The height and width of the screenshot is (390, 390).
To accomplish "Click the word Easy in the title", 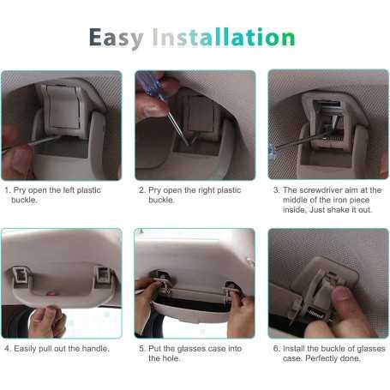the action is coord(117,38).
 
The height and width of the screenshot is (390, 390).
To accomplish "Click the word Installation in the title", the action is coord(224,37).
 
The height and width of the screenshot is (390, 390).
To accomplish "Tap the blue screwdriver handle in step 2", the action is coord(151,85).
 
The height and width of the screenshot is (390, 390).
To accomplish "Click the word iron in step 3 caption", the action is coord(340,200).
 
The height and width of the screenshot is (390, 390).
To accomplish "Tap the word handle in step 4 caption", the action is coord(96,348).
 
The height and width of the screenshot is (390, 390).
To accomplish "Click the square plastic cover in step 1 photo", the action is coord(63,106).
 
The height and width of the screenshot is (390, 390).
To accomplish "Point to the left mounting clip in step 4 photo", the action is coord(21,276).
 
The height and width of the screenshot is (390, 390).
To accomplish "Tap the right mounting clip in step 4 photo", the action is coord(103,276).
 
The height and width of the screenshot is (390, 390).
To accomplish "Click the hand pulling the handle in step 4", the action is coord(47,321).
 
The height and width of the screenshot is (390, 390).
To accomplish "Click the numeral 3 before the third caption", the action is coord(276,190).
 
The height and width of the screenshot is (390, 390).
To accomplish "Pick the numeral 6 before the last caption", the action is coord(276,348).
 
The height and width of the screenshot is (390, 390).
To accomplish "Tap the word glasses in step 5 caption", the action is coord(192,349).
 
